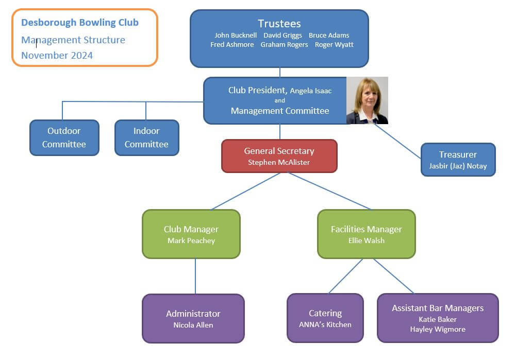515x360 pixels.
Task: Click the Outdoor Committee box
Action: (64, 138)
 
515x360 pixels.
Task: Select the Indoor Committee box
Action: (146, 138)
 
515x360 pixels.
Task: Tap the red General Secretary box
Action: (279, 156)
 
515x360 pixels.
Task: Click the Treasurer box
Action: (458, 160)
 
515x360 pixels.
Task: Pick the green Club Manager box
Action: (191, 234)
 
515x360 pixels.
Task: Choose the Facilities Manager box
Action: (366, 234)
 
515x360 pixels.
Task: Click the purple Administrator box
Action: (193, 318)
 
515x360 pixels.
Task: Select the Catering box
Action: (325, 318)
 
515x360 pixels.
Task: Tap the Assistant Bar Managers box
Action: (438, 318)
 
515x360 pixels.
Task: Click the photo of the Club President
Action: (367, 100)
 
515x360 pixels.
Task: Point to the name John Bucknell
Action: (236, 36)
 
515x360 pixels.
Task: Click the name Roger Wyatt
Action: (334, 45)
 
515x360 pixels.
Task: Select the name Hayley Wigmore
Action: (438, 330)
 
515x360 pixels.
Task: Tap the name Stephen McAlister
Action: (279, 163)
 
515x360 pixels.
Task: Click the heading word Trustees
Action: (279, 24)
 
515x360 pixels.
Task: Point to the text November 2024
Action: (57, 56)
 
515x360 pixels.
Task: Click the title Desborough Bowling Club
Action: (80, 23)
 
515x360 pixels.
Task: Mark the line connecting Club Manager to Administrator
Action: (195, 276)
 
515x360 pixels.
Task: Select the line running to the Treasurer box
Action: (398, 141)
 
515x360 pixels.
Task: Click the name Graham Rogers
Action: (284, 45)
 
